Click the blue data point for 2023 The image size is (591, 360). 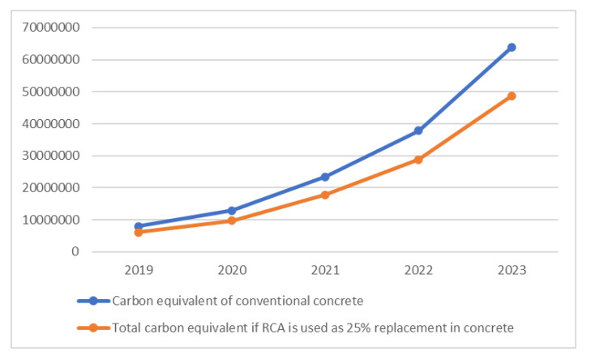click(x=512, y=47)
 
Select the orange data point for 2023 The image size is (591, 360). click(x=512, y=96)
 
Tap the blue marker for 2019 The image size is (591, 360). click(x=139, y=226)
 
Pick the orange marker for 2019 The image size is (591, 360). click(x=139, y=232)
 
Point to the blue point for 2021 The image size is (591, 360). click(x=325, y=177)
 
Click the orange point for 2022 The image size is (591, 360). click(x=418, y=160)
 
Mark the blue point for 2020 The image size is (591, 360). click(x=232, y=210)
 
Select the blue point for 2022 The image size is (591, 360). click(x=418, y=131)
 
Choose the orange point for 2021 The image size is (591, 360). click(x=325, y=195)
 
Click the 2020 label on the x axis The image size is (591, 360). click(x=232, y=270)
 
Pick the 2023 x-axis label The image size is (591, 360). click(x=512, y=270)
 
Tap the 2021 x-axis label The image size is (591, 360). click(x=325, y=270)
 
